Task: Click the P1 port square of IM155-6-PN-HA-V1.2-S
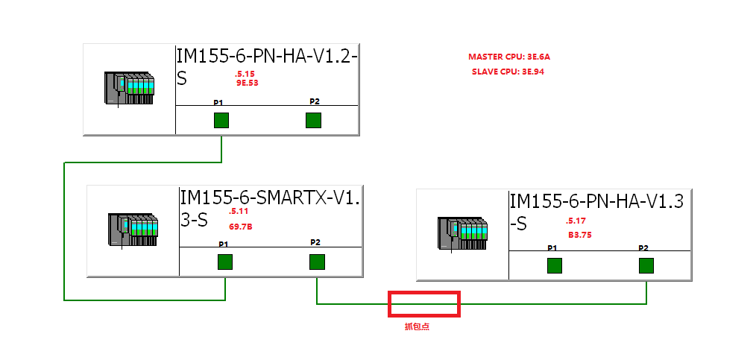(221, 121)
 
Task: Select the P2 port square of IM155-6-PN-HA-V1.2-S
(313, 121)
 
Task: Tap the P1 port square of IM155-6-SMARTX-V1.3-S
(224, 262)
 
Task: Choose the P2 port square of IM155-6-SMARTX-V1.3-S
(317, 262)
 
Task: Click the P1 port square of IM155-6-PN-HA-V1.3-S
(554, 266)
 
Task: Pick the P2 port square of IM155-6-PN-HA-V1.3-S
(646, 266)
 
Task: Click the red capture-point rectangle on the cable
(424, 303)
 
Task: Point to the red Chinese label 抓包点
(417, 326)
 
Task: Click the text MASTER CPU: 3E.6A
(514, 57)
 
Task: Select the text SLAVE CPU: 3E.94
(514, 72)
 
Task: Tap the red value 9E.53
(247, 83)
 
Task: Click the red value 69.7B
(240, 225)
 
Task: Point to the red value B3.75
(579, 235)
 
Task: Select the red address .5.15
(245, 74)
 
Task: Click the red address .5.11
(238, 212)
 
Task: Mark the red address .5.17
(576, 221)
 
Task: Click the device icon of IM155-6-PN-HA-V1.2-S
(129, 89)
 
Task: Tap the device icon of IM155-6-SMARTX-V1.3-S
(134, 231)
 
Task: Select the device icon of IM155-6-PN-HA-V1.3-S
(463, 235)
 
